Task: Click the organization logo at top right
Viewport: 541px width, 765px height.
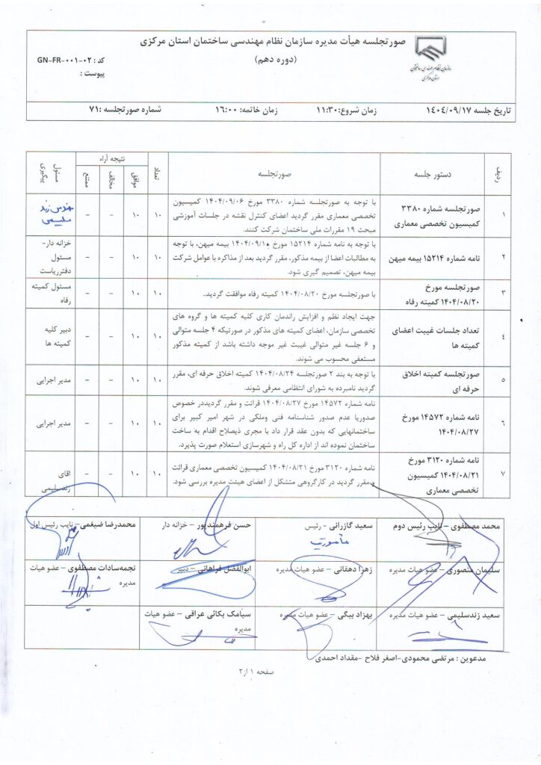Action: pos(440,61)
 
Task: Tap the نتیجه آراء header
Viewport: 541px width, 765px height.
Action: pos(110,158)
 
